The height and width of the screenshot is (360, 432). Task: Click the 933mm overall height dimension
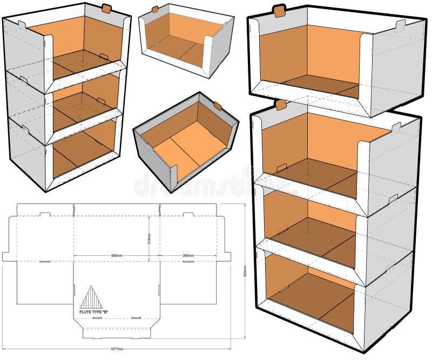245,269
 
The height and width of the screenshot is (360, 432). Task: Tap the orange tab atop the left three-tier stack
106,8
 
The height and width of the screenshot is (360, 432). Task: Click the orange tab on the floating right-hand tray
279,11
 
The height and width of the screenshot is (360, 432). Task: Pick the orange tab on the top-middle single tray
155,9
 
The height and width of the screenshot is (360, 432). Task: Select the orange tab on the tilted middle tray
217,106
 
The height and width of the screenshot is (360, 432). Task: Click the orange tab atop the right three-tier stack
280,105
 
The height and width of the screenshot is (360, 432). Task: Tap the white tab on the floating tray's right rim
400,25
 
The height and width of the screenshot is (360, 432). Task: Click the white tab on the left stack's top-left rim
22,24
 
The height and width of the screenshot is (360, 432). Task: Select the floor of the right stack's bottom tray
313,294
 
